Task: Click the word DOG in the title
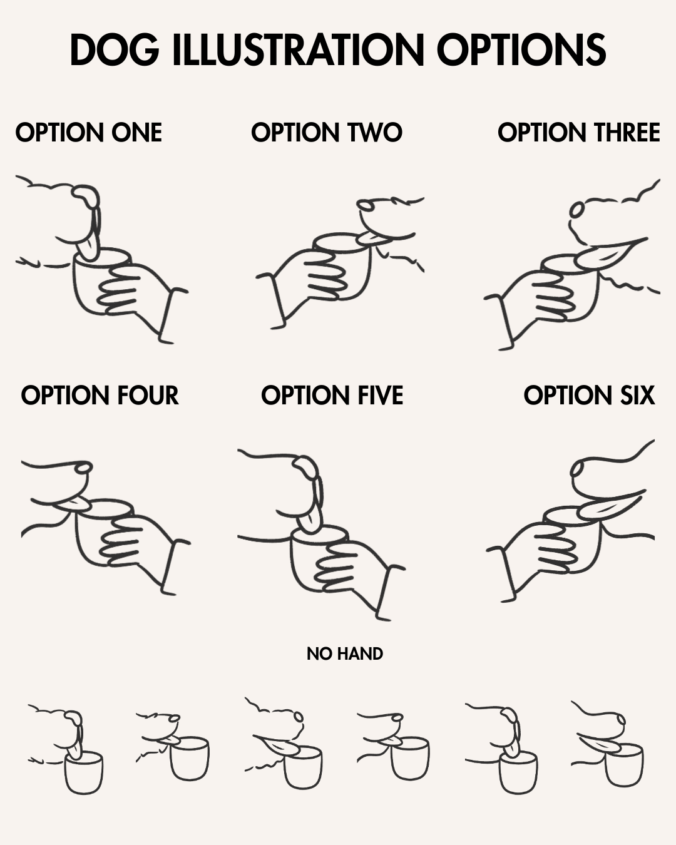click(x=115, y=49)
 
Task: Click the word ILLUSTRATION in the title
click(x=299, y=49)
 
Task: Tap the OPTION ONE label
click(x=89, y=132)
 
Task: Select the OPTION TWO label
click(x=327, y=132)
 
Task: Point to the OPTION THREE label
click(x=579, y=132)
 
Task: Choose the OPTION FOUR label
click(x=100, y=395)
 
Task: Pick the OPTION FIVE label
click(x=332, y=395)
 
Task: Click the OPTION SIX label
click(x=589, y=395)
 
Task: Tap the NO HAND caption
click(x=345, y=653)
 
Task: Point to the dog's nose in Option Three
click(x=576, y=210)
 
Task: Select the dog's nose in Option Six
click(x=577, y=469)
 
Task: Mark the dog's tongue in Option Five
click(x=310, y=519)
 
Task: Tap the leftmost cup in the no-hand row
click(x=84, y=773)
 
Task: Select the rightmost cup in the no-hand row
click(x=624, y=765)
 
